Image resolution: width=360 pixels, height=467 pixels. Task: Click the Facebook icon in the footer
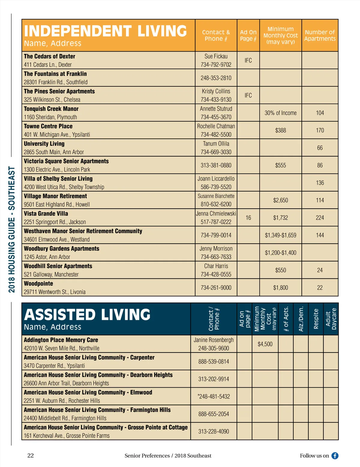click(x=335, y=456)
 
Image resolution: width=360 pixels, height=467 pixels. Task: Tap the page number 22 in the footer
click(x=31, y=456)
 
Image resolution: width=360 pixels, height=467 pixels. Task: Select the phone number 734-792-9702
click(x=216, y=64)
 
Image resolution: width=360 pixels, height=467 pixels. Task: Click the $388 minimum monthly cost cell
click(x=280, y=130)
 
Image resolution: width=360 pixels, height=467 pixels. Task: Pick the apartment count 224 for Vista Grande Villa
click(x=320, y=218)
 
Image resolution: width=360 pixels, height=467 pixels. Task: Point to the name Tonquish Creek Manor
click(x=51, y=109)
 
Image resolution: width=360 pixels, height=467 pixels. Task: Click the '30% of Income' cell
click(x=280, y=113)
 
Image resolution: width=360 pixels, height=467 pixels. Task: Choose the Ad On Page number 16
click(x=248, y=218)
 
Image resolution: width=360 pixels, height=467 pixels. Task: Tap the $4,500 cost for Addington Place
click(x=265, y=344)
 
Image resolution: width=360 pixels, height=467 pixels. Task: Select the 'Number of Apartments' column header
click(x=320, y=35)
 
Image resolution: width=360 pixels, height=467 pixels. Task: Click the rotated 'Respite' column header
click(x=316, y=319)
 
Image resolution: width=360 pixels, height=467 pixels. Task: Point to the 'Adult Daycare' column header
click(x=331, y=319)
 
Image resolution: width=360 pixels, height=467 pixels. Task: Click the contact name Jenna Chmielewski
click(x=216, y=213)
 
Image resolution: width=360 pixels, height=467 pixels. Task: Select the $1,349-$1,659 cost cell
click(x=280, y=235)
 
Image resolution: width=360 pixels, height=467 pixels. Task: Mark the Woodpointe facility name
click(x=38, y=284)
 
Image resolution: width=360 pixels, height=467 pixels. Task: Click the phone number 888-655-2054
click(x=214, y=414)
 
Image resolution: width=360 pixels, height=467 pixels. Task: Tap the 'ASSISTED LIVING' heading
click(x=87, y=315)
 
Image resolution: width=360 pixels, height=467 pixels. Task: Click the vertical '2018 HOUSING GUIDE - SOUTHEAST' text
click(x=11, y=229)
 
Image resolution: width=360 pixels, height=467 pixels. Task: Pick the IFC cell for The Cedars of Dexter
click(x=248, y=60)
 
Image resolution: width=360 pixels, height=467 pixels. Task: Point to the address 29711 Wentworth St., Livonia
click(x=55, y=292)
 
